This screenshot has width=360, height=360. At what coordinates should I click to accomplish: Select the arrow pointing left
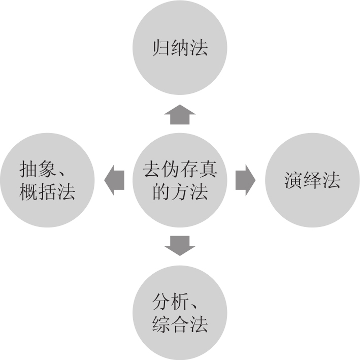115,180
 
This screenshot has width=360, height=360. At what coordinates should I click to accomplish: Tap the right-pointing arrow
245,180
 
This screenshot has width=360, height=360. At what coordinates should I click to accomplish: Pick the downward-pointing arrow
180,245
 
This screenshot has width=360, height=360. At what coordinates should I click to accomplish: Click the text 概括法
47,192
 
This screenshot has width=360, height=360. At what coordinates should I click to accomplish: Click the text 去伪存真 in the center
180,168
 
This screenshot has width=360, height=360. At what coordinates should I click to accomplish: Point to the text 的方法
180,192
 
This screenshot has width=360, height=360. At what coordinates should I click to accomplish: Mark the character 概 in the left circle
29,192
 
